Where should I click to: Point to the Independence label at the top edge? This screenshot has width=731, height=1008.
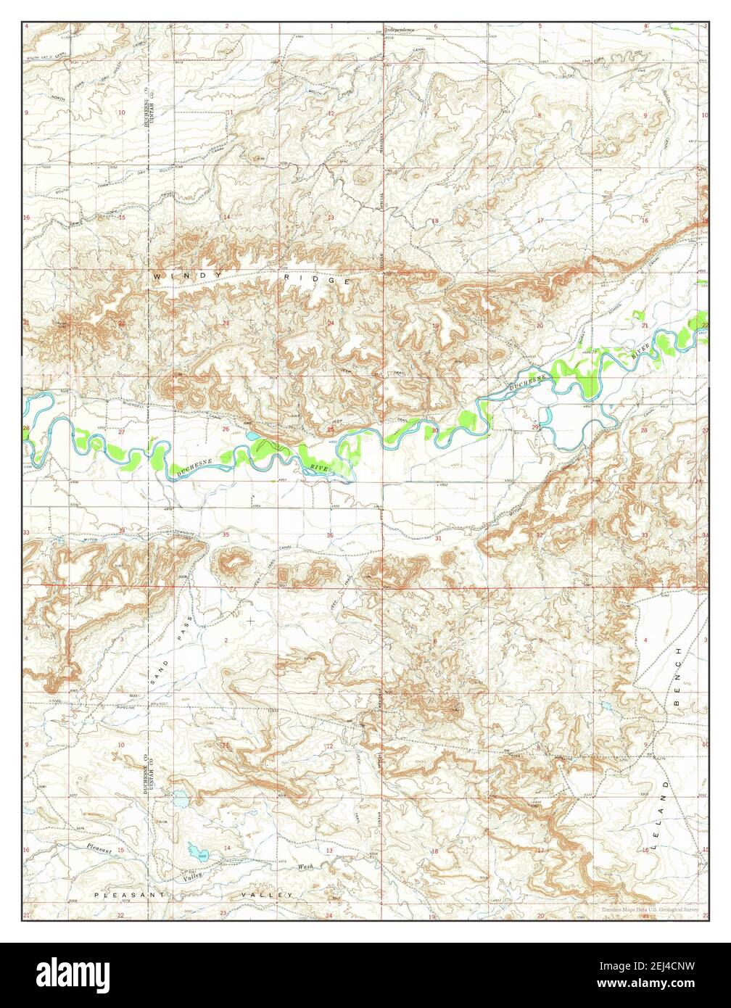(400, 30)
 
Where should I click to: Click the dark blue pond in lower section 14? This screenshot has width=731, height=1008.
(194, 849)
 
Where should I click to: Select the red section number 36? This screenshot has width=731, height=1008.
(330, 536)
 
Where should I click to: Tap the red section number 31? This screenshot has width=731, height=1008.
(437, 539)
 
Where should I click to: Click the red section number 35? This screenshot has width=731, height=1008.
(226, 534)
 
